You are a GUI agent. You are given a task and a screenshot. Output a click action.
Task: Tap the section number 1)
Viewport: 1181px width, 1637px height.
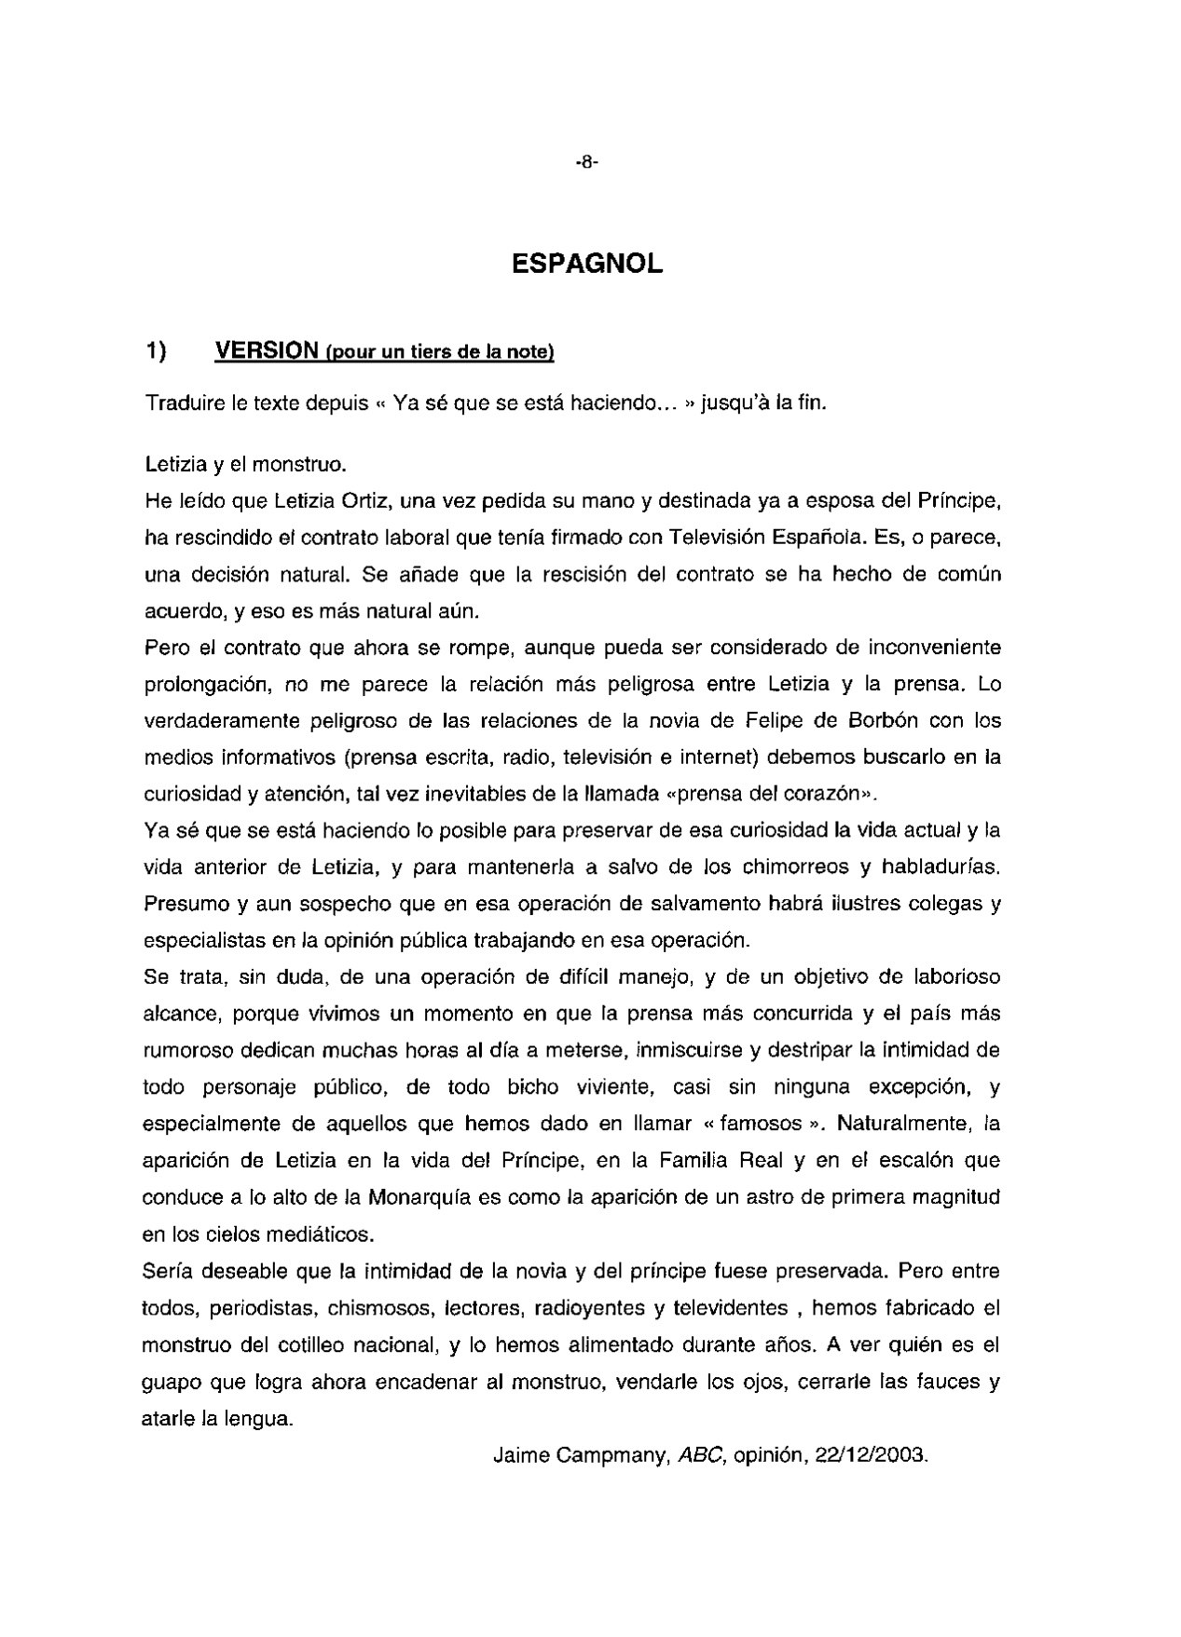click(156, 350)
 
